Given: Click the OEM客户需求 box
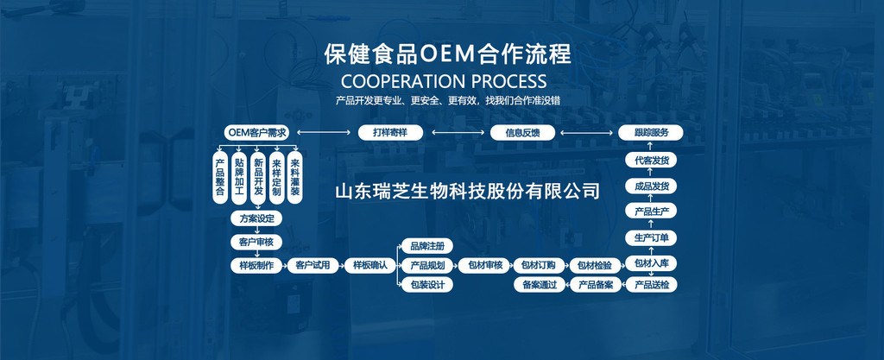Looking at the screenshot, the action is pos(256,133).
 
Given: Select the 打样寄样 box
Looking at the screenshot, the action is pos(390,133).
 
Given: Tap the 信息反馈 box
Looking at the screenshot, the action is pos(522,133).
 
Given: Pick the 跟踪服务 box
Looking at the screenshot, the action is pos(651,133).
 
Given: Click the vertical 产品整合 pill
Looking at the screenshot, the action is pos(220,177).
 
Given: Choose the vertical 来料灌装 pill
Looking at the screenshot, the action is pos(295,177).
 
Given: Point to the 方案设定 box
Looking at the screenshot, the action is pos(256,218).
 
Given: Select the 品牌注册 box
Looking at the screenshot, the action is pos(426,246).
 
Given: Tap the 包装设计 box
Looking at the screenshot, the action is pos(426,285).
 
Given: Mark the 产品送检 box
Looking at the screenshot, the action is pos(651,285).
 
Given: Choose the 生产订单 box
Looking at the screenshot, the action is pos(651,237).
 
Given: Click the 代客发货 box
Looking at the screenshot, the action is pos(651,161).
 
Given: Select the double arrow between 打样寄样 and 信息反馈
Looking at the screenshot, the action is pos(457,133).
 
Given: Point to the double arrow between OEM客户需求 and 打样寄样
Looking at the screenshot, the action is pos(324,133).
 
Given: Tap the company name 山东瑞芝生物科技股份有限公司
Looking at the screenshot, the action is pos(467,191).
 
